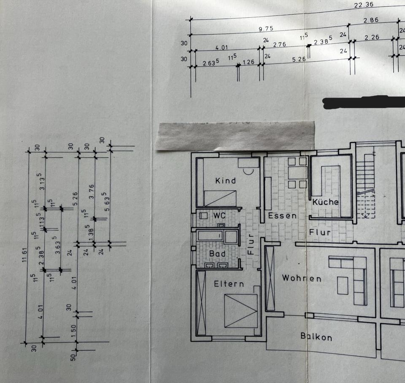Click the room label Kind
(x=225, y=181)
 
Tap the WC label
(x=219, y=216)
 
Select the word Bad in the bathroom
(x=217, y=254)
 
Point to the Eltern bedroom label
(x=229, y=284)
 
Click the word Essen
(x=282, y=216)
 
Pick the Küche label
(x=325, y=202)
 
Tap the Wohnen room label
(x=302, y=278)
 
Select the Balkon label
(x=316, y=336)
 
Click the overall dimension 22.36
(x=363, y=5)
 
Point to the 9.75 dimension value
(x=266, y=29)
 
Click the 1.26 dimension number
(x=248, y=62)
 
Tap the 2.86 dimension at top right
(x=371, y=20)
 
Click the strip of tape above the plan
(x=235, y=135)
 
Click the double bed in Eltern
(x=240, y=311)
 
